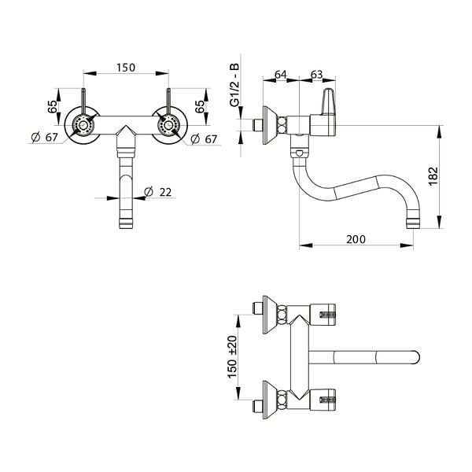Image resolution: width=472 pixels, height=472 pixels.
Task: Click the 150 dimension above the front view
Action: [126, 68]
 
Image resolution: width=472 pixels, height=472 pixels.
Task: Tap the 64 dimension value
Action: [281, 74]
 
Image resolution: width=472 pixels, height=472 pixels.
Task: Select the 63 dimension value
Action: [317, 74]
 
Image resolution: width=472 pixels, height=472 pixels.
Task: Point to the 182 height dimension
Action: [433, 176]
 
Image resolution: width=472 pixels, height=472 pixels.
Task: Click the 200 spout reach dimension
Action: [356, 239]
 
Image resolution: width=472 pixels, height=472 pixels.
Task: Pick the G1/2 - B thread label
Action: [234, 85]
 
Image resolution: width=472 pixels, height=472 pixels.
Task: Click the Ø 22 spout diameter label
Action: [158, 192]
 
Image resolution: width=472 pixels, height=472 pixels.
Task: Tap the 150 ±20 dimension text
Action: [232, 357]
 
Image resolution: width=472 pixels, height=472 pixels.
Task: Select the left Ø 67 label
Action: [44, 138]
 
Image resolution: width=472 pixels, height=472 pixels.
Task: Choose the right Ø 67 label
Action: [204, 139]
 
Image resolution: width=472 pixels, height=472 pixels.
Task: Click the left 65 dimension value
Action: [52, 106]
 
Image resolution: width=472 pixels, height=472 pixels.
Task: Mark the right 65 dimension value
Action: [200, 106]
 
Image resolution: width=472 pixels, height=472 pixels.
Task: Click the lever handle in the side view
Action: [328, 101]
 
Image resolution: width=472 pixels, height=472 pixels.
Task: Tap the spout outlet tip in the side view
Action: [413, 223]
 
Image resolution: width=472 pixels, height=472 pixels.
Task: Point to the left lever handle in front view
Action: [83, 101]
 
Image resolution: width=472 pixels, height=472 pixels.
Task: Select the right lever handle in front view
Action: [168, 101]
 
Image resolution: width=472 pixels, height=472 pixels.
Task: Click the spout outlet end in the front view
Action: [126, 223]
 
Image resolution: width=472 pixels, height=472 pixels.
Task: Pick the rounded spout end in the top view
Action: [415, 357]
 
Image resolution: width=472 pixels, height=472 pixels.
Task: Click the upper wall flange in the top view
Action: [269, 315]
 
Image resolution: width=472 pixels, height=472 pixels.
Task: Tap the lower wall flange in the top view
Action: [269, 400]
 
